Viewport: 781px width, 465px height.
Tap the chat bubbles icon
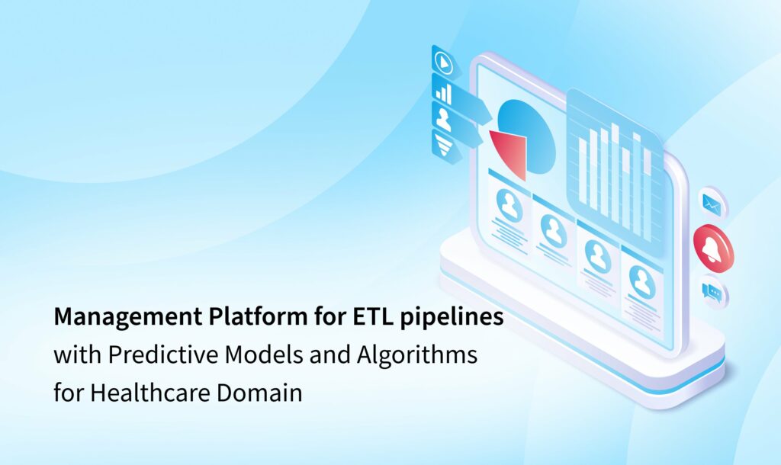pos(712,291)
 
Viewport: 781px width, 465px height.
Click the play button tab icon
pos(442,60)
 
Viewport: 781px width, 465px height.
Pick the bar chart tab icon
pos(443,91)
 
